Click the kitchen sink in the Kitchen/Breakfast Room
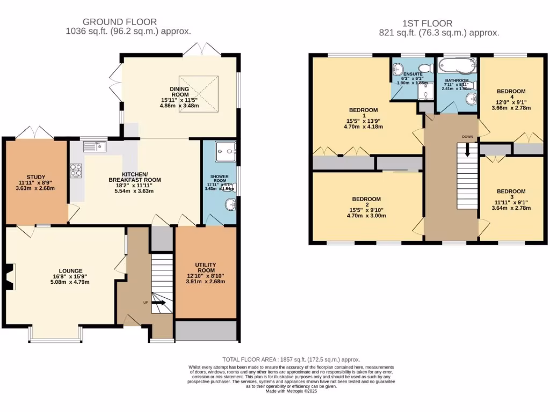coord(95,146)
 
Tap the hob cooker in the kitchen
coord(75,170)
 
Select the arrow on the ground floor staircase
coord(159,303)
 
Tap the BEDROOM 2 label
coord(366,199)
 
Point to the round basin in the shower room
coord(230,204)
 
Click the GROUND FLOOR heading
coord(119,22)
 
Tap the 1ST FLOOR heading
coord(427,23)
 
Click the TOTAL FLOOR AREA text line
coord(291,359)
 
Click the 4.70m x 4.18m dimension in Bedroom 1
coord(360,127)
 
